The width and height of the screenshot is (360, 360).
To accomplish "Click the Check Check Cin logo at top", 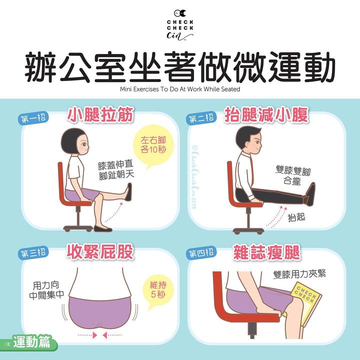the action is pyautogui.click(x=180, y=25).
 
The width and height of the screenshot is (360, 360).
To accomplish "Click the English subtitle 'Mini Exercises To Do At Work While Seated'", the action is pyautogui.click(x=180, y=89).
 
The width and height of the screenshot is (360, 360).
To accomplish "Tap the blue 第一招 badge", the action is pyautogui.click(x=33, y=118).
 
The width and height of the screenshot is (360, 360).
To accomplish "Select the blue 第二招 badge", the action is pyautogui.click(x=201, y=118).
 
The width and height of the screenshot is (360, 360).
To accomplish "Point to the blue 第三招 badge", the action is pyautogui.click(x=33, y=253).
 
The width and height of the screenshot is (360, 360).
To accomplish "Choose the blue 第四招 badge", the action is pyautogui.click(x=201, y=253).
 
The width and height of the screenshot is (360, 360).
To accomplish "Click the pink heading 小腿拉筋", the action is pyautogui.click(x=100, y=114).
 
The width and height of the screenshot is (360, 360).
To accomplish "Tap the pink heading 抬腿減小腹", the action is pyautogui.click(x=266, y=114).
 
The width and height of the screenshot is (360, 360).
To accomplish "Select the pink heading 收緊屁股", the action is pyautogui.click(x=100, y=252).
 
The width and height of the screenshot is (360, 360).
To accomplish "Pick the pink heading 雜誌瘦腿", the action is pyautogui.click(x=266, y=252).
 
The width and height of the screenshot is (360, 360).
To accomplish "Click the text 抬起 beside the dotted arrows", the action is pyautogui.click(x=296, y=217).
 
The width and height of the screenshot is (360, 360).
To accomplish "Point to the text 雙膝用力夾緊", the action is pyautogui.click(x=299, y=274).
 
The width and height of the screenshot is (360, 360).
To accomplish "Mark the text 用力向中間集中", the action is pyautogui.click(x=46, y=290).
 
